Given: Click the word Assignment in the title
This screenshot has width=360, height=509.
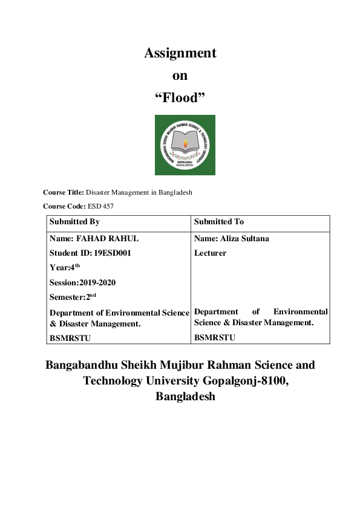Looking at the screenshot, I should pyautogui.click(x=180, y=53).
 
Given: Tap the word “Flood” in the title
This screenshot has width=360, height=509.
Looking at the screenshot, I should pyautogui.click(x=180, y=97).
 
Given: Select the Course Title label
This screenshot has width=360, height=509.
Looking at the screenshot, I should pyautogui.click(x=64, y=192).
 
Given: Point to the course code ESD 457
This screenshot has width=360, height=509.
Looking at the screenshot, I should pyautogui.click(x=100, y=206).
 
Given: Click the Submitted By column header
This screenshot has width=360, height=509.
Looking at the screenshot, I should pyautogui.click(x=74, y=222).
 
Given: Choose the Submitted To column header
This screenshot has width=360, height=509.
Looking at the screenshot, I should pyautogui.click(x=219, y=222).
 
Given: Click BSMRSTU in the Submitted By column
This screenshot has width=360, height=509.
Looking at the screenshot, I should pyautogui.click(x=70, y=338).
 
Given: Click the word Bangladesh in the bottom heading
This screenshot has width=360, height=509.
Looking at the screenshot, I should pyautogui.click(x=185, y=397).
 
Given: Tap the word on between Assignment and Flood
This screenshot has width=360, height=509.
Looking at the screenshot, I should pyautogui.click(x=180, y=76).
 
